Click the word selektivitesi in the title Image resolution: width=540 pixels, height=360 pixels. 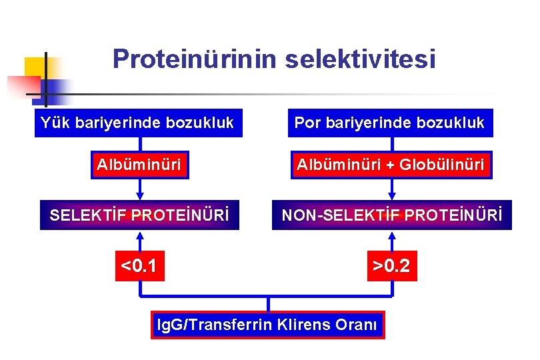(x=360, y=59)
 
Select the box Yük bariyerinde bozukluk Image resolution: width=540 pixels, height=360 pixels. (x=138, y=123)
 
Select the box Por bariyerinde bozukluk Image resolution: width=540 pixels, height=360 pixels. (x=390, y=123)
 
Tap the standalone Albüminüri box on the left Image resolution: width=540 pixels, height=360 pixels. (x=140, y=165)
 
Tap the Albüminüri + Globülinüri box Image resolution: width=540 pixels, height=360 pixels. (x=391, y=165)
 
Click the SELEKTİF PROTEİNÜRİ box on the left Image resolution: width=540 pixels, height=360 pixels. (x=139, y=215)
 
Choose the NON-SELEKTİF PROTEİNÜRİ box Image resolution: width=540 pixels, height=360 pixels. (x=391, y=215)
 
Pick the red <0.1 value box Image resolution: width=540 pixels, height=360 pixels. (x=139, y=267)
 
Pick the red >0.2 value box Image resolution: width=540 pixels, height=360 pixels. (x=392, y=267)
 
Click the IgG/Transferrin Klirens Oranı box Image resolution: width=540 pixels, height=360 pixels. (x=267, y=325)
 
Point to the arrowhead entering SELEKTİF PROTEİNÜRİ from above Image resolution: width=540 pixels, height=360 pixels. (x=140, y=196)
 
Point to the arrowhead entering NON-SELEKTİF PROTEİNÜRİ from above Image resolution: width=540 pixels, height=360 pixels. (x=392, y=196)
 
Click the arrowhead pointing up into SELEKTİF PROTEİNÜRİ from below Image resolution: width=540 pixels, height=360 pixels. (x=140, y=235)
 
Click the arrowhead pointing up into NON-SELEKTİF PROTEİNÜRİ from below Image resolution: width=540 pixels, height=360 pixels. (x=392, y=235)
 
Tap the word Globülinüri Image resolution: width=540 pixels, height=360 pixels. (x=441, y=165)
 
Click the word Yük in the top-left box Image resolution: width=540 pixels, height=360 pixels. (x=54, y=123)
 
